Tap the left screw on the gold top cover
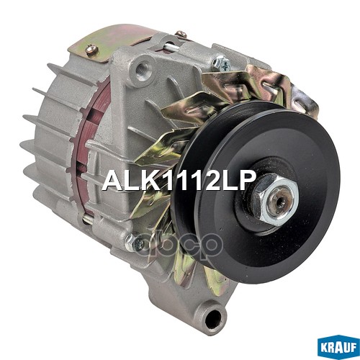pyautogui.click(x=91, y=50)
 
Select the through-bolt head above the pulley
pyautogui.click(x=224, y=65)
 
